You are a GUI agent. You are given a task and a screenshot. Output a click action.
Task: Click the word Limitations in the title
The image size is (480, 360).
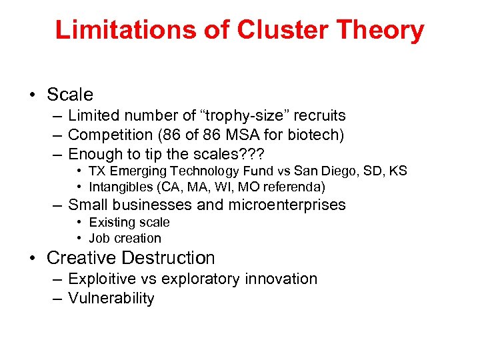[x=125, y=30]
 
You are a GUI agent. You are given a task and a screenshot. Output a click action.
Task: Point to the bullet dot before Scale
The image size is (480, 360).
[x=32, y=95]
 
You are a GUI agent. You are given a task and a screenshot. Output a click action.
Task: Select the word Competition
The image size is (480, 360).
[x=110, y=136]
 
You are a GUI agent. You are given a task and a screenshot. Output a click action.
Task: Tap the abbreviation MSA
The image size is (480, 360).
[x=236, y=136]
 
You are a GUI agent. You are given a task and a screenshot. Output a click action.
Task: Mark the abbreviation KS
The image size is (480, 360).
[x=398, y=171]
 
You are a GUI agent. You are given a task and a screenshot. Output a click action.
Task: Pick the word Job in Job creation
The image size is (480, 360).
[x=99, y=239]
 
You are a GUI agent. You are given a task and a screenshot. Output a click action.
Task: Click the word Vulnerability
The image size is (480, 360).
[x=111, y=299]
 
